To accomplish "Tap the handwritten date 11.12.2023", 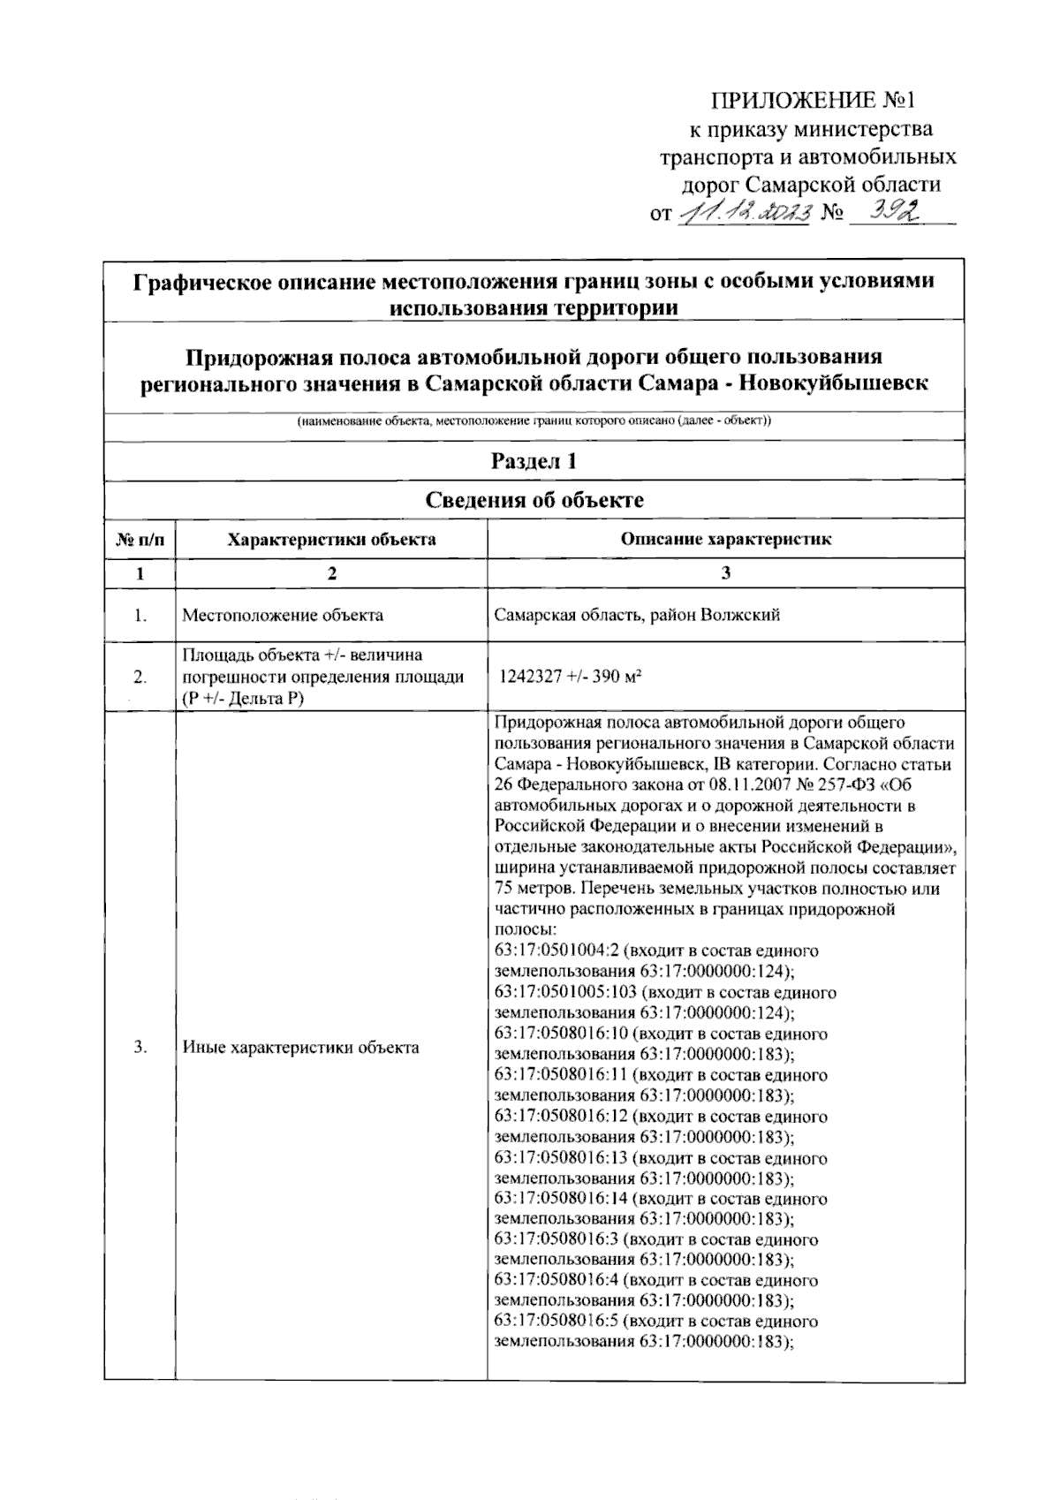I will (x=744, y=212).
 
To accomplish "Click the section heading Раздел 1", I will (x=534, y=461).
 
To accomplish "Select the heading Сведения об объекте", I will (x=534, y=500).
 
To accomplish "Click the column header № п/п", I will (x=140, y=539).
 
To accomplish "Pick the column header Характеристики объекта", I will (x=331, y=539).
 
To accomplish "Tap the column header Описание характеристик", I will (x=725, y=539).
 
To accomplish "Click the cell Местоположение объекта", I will (x=283, y=615).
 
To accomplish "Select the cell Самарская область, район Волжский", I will (x=637, y=615).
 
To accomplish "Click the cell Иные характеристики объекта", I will (x=300, y=1048).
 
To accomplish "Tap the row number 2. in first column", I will (x=140, y=678).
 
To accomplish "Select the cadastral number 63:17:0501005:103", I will (x=564, y=992).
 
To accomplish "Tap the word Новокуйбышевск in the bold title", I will (x=832, y=384).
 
